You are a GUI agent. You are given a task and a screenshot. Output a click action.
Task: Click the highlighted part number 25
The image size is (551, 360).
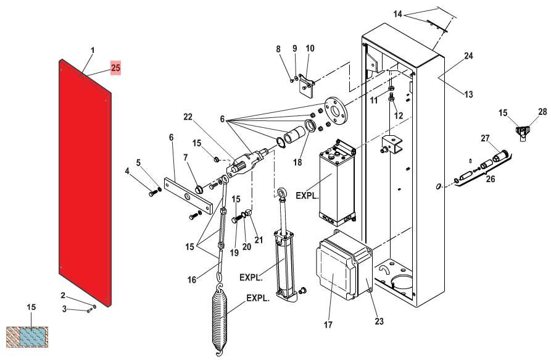click(x=115, y=67)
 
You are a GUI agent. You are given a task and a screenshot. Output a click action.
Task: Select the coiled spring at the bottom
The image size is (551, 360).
click(x=220, y=319)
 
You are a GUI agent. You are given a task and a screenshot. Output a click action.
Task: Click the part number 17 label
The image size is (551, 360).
click(x=328, y=325)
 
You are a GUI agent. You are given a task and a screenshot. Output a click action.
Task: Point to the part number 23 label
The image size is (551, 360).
click(x=379, y=321)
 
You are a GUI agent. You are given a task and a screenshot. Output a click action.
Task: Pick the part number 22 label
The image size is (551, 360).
click(x=188, y=117)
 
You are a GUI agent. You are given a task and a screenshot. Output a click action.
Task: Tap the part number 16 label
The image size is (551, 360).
click(x=191, y=280)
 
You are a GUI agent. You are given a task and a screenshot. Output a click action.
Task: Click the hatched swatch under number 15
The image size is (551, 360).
click(x=27, y=337)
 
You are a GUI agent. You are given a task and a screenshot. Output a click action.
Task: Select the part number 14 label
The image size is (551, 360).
click(x=397, y=14)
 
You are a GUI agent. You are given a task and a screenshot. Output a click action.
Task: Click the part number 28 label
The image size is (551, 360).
click(x=542, y=111)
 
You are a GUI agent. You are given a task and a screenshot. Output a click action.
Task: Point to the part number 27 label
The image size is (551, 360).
click(x=485, y=138)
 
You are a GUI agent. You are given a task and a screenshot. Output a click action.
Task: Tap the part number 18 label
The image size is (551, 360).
click(x=297, y=162)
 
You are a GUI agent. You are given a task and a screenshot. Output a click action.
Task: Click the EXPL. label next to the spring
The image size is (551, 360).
click(x=258, y=298)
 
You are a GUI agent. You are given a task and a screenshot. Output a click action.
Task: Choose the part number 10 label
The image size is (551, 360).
click(x=310, y=48)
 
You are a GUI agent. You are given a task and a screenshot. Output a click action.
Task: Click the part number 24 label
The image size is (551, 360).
click(x=468, y=56)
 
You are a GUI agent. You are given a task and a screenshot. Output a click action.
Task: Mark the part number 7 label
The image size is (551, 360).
click(x=186, y=157)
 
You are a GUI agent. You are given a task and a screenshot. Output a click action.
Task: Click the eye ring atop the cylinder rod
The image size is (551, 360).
click(x=282, y=193)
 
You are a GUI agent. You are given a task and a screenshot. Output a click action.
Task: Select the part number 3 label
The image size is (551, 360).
click(x=64, y=309)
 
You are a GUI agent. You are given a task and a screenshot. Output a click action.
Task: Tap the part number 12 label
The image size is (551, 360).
click(x=399, y=115)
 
